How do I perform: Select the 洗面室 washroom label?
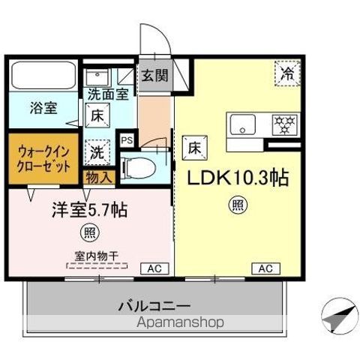(107, 94)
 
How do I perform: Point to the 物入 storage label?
(100, 177)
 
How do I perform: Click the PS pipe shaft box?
(126, 139)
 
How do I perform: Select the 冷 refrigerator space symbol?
(287, 73)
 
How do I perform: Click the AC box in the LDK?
(265, 268)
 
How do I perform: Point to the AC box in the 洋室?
(154, 268)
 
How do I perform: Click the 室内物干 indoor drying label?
(97, 255)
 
